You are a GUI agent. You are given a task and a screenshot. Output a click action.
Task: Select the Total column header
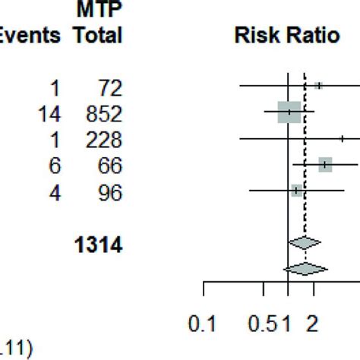coord(97,36)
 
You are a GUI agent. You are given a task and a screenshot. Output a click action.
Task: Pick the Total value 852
coord(105,115)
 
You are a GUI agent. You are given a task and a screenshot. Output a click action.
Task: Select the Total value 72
coord(110,88)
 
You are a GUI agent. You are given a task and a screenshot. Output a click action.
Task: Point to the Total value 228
coord(105,141)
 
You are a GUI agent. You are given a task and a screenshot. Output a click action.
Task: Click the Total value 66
coord(110,166)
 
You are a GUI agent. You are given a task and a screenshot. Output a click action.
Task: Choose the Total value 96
coord(110,193)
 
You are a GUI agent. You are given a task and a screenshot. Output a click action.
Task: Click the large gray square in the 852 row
coord(289,112)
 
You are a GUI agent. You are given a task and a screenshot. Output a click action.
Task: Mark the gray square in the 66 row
coord(326,164)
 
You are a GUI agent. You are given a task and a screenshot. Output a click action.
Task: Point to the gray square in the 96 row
coord(297,190)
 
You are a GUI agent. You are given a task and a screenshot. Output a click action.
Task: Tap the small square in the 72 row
coord(318,86)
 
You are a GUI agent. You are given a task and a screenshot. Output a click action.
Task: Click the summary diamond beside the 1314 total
coord(305,242)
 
